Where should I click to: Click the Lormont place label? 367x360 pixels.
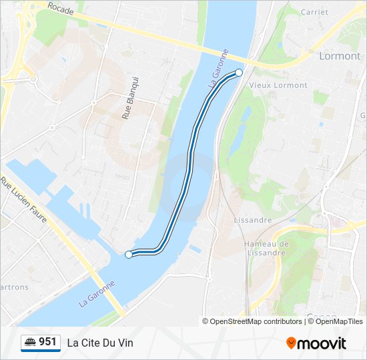click(x=340, y=56)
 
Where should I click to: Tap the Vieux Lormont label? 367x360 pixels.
click(x=278, y=85)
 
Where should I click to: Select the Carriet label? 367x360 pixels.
click(x=314, y=12)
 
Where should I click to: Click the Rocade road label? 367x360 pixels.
click(x=60, y=9)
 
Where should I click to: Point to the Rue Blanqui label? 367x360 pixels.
click(x=129, y=98)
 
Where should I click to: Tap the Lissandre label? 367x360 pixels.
click(x=253, y=220)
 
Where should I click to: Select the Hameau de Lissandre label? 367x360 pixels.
click(x=266, y=248)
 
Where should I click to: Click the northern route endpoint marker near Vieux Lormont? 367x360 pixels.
click(x=239, y=73)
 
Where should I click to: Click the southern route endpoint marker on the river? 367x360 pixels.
click(x=129, y=254)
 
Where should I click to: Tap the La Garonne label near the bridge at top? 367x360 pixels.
click(x=219, y=69)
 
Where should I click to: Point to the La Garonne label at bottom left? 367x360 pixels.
click(x=97, y=293)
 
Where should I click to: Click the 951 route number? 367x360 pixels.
click(x=47, y=342)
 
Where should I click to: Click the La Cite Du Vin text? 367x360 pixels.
click(x=100, y=343)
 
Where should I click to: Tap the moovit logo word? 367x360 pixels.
click(x=322, y=343)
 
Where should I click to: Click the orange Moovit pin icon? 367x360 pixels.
click(x=291, y=343)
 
